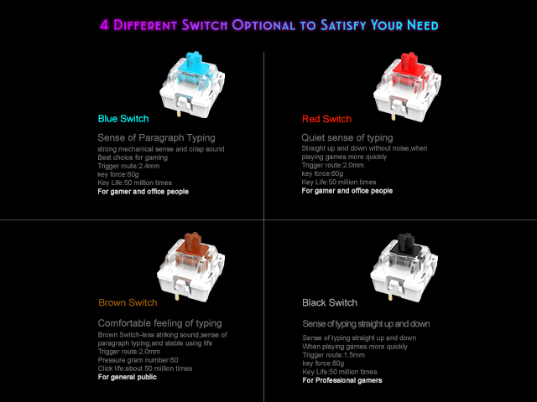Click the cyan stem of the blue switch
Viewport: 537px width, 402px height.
(194, 64)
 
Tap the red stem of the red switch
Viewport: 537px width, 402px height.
(409, 65)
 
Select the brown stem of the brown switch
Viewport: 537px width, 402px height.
(192, 245)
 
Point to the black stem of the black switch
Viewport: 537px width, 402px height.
(406, 245)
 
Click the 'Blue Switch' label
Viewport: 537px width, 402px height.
(123, 119)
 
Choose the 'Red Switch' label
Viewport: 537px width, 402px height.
(326, 119)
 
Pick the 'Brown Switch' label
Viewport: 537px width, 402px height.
(128, 302)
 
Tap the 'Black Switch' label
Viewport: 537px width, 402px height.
(330, 302)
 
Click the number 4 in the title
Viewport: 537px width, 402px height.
(104, 25)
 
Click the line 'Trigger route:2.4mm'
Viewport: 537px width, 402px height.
(128, 166)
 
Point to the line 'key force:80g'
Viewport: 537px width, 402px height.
(323, 363)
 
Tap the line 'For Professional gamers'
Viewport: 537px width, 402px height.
(342, 380)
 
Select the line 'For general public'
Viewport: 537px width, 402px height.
(127, 377)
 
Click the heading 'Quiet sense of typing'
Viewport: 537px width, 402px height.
(347, 137)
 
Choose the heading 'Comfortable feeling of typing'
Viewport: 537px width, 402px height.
(159, 323)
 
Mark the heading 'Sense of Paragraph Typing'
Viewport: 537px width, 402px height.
(156, 137)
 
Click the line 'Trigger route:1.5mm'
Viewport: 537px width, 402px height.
(334, 355)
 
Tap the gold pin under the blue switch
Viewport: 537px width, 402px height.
(179, 113)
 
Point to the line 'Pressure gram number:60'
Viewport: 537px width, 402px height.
(138, 360)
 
